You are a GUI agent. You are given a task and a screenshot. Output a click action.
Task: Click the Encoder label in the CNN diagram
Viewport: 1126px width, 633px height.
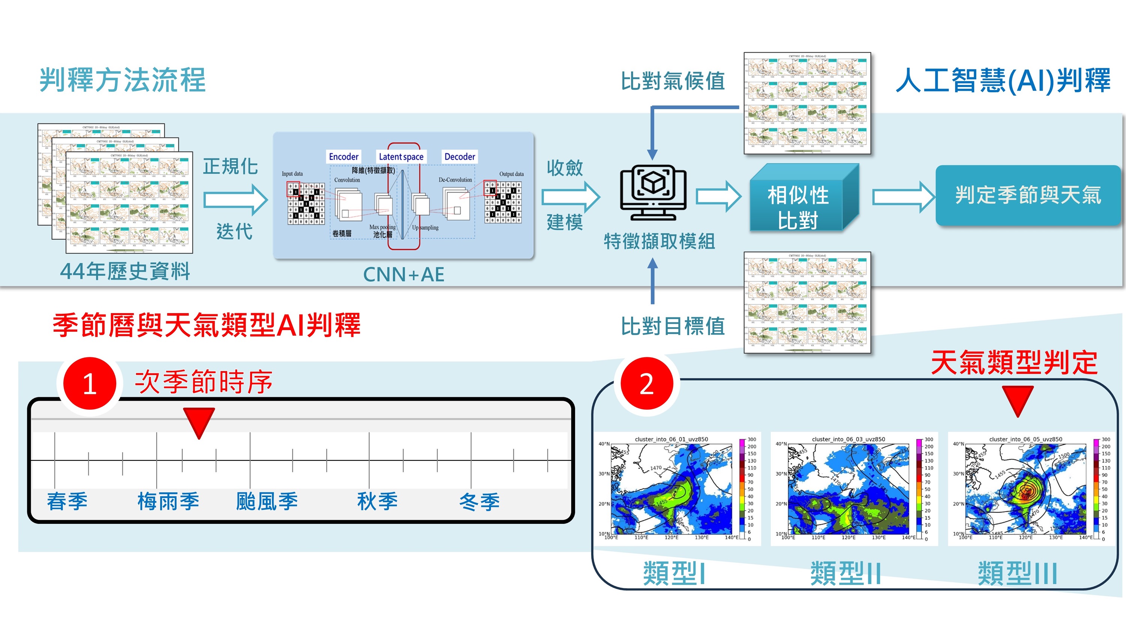[x=343, y=156]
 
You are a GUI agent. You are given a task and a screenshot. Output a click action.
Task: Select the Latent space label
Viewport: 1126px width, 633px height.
[x=401, y=156]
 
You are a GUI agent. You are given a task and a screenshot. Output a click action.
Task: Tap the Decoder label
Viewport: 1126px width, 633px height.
[x=459, y=156]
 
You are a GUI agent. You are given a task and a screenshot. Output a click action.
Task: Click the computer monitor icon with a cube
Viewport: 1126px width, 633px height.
[x=653, y=192]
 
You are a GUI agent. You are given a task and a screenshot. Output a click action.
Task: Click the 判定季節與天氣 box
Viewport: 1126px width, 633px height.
[x=1027, y=195]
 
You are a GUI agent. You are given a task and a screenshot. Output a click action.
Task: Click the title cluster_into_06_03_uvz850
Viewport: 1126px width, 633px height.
[x=848, y=439]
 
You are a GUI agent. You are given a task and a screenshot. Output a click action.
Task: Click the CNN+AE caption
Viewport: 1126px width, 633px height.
[x=403, y=274]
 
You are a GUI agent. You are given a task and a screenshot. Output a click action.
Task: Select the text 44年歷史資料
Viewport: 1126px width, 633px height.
[x=125, y=271]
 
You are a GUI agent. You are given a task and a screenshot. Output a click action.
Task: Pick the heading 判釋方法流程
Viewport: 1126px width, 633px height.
[x=122, y=80]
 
